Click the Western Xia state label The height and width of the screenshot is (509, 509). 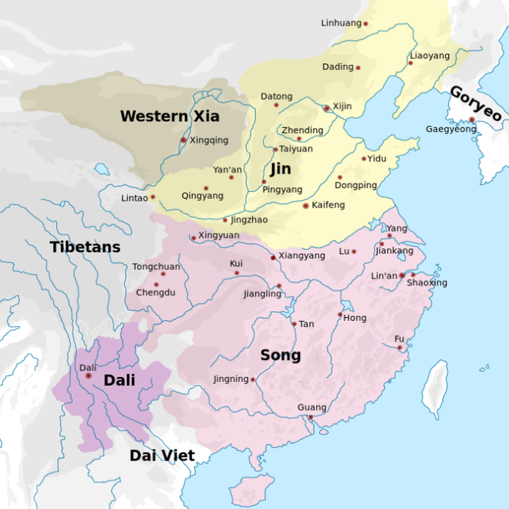(x=170, y=116)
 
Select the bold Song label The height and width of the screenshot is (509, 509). (x=280, y=356)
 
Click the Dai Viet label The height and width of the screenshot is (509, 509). (x=162, y=455)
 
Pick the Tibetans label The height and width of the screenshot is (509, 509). (x=86, y=248)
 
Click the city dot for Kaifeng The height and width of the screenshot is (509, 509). (x=306, y=206)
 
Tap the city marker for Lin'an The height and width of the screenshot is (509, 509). (x=402, y=275)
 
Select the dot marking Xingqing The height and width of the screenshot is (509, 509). (x=183, y=140)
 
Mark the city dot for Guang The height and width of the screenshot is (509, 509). (x=310, y=417)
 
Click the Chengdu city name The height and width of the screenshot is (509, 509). (x=156, y=293)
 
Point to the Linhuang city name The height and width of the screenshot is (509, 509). (x=341, y=23)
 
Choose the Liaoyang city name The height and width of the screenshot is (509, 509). (x=430, y=56)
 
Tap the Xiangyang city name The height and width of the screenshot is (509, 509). (x=302, y=255)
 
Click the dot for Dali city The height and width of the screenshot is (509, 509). (x=88, y=376)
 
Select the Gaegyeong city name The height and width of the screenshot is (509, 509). (x=451, y=129)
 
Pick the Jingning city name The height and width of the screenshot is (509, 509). (x=231, y=379)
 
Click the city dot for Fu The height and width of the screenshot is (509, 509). (x=400, y=348)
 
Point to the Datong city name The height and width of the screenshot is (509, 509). (x=276, y=96)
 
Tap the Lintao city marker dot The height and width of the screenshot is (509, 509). (x=153, y=197)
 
